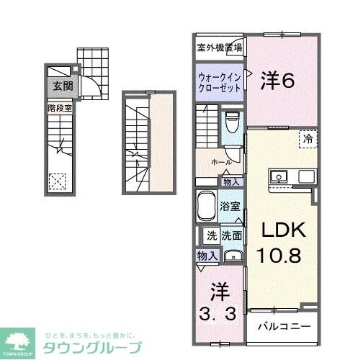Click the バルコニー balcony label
click(284, 326)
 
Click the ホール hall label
click(220, 162)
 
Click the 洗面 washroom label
click(230, 235)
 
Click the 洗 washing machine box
click(211, 235)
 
